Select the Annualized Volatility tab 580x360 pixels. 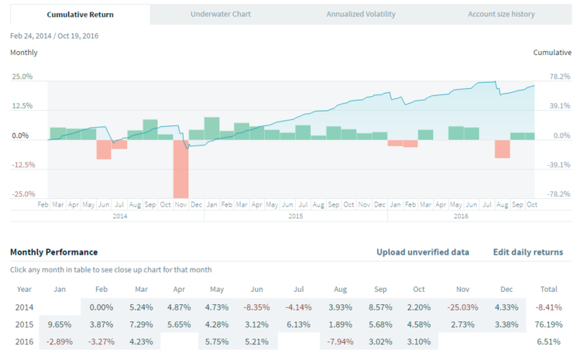[361, 14]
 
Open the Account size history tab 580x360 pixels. [501, 14]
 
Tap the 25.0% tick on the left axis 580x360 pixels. [22, 77]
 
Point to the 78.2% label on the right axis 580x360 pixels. [559, 77]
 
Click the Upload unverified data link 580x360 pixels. [422, 252]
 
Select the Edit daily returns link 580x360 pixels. [527, 252]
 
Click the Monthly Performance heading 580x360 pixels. [53, 252]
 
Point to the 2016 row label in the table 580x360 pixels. [25, 340]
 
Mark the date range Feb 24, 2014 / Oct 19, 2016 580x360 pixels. [54, 36]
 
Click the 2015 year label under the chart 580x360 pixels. [296, 216]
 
